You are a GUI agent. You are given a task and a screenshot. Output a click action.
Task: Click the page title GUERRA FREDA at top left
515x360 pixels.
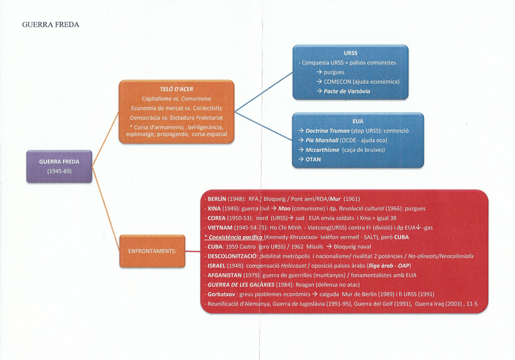click(50, 25)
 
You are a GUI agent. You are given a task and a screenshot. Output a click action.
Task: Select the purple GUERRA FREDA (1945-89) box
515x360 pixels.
click(59, 166)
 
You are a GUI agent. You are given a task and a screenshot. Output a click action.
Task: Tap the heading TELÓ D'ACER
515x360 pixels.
click(176, 89)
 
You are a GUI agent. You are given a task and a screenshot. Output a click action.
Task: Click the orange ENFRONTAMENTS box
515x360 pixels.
click(151, 250)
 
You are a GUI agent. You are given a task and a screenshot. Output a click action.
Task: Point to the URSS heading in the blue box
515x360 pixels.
click(350, 53)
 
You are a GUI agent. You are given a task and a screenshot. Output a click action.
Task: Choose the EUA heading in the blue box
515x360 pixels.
click(357, 121)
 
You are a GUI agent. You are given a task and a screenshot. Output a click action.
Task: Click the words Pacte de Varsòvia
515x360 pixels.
click(347, 91)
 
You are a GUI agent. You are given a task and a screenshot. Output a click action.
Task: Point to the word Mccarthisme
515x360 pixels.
click(322, 150)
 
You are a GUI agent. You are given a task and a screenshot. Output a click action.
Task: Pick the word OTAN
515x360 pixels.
click(313, 160)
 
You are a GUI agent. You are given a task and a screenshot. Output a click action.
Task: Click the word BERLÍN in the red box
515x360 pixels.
click(217, 199)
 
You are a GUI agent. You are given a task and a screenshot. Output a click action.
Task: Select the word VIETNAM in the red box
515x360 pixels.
click(221, 228)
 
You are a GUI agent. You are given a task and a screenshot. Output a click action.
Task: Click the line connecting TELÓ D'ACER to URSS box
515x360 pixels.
click(264, 93)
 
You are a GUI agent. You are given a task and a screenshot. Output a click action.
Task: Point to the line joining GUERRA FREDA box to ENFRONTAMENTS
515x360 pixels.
click(106, 209)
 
